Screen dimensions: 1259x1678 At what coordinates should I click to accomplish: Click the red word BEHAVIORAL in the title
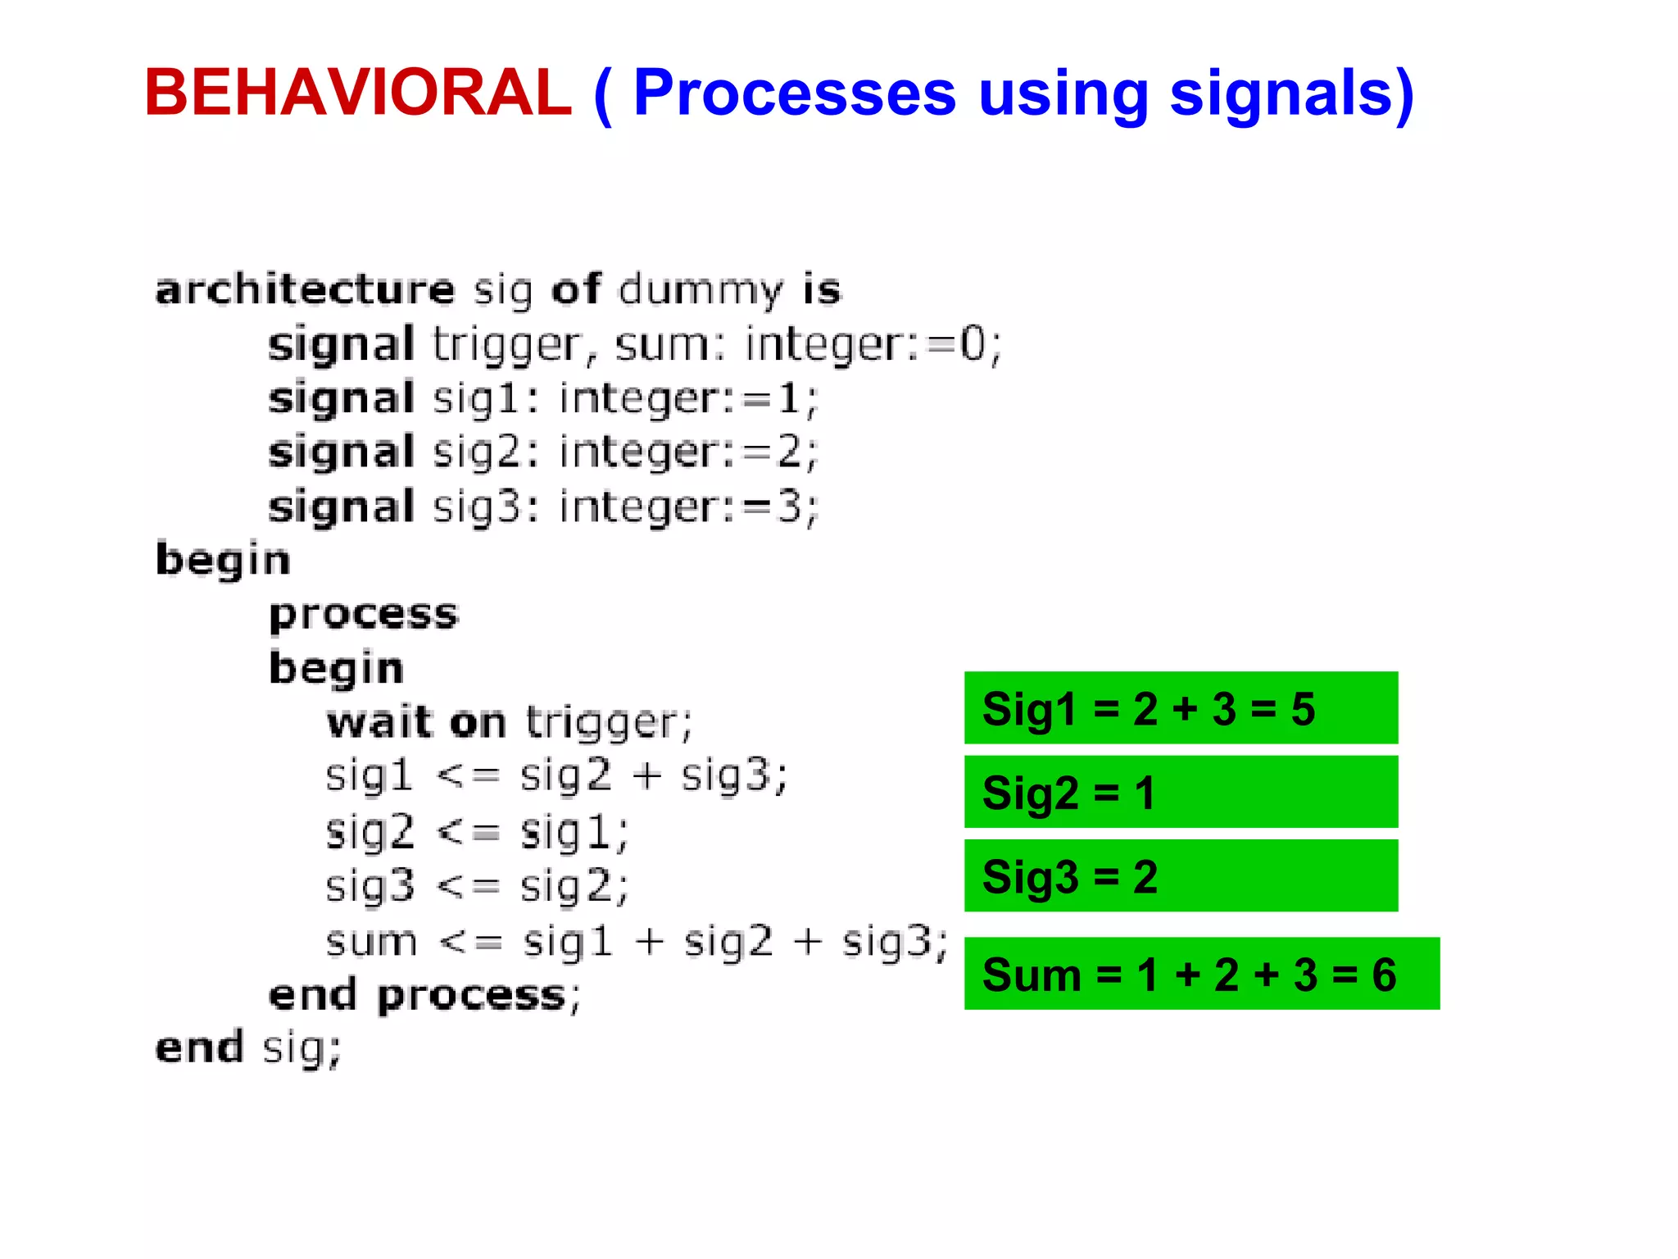pyautogui.click(x=357, y=93)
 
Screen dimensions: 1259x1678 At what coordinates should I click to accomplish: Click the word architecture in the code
pyautogui.click(x=305, y=289)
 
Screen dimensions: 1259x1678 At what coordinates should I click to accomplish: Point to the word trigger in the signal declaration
pyautogui.click(x=507, y=344)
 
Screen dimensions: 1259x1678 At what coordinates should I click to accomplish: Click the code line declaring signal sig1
pyautogui.click(x=543, y=399)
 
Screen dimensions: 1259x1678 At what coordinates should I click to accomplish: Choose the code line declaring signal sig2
pyautogui.click(x=543, y=452)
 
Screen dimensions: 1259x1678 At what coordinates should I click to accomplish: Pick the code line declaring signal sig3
pyautogui.click(x=543, y=507)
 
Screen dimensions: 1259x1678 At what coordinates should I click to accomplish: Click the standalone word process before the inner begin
pyautogui.click(x=364, y=615)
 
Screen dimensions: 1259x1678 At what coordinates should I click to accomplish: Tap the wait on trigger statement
pyautogui.click(x=509, y=723)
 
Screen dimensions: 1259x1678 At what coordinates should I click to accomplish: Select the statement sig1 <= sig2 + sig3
pyautogui.click(x=556, y=775)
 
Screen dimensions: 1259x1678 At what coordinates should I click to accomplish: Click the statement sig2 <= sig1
pyautogui.click(x=477, y=832)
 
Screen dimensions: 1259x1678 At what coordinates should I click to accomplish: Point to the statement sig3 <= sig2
pyautogui.click(x=477, y=886)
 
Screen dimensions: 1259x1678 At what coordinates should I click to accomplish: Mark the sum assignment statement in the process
pyautogui.click(x=637, y=941)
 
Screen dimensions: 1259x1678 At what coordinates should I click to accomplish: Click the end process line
pyautogui.click(x=424, y=995)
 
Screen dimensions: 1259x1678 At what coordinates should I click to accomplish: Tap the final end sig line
pyautogui.click(x=247, y=1048)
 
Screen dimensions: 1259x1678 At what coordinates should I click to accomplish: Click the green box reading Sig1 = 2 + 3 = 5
pyautogui.click(x=1181, y=708)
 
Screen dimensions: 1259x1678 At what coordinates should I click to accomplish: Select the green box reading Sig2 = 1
pyautogui.click(x=1181, y=792)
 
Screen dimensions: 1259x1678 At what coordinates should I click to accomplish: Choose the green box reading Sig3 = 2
pyautogui.click(x=1181, y=875)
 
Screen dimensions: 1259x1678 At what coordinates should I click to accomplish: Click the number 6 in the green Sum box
pyautogui.click(x=1384, y=975)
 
